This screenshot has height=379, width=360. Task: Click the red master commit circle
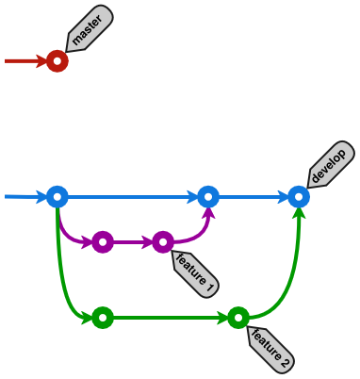[x=57, y=61]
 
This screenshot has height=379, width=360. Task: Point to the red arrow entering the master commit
[x=25, y=61]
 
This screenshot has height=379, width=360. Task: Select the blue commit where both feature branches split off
[x=57, y=197]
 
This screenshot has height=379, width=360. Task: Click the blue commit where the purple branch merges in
[x=208, y=197]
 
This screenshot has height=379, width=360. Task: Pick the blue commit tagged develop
[x=299, y=197]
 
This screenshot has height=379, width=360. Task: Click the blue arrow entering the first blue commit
[x=24, y=197]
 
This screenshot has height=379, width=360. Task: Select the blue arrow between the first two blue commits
[x=132, y=197]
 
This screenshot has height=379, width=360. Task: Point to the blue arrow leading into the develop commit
[x=254, y=197]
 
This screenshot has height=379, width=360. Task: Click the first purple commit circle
[x=103, y=242]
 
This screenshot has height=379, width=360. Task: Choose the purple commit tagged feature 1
[x=163, y=242]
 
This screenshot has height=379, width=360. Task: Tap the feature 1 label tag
[x=196, y=273]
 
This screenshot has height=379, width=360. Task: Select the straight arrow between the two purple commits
[x=133, y=242]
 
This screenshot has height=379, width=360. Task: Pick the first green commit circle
[x=103, y=318]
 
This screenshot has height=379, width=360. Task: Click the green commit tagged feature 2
[x=238, y=318]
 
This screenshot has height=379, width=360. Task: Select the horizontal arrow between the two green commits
[x=170, y=318]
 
